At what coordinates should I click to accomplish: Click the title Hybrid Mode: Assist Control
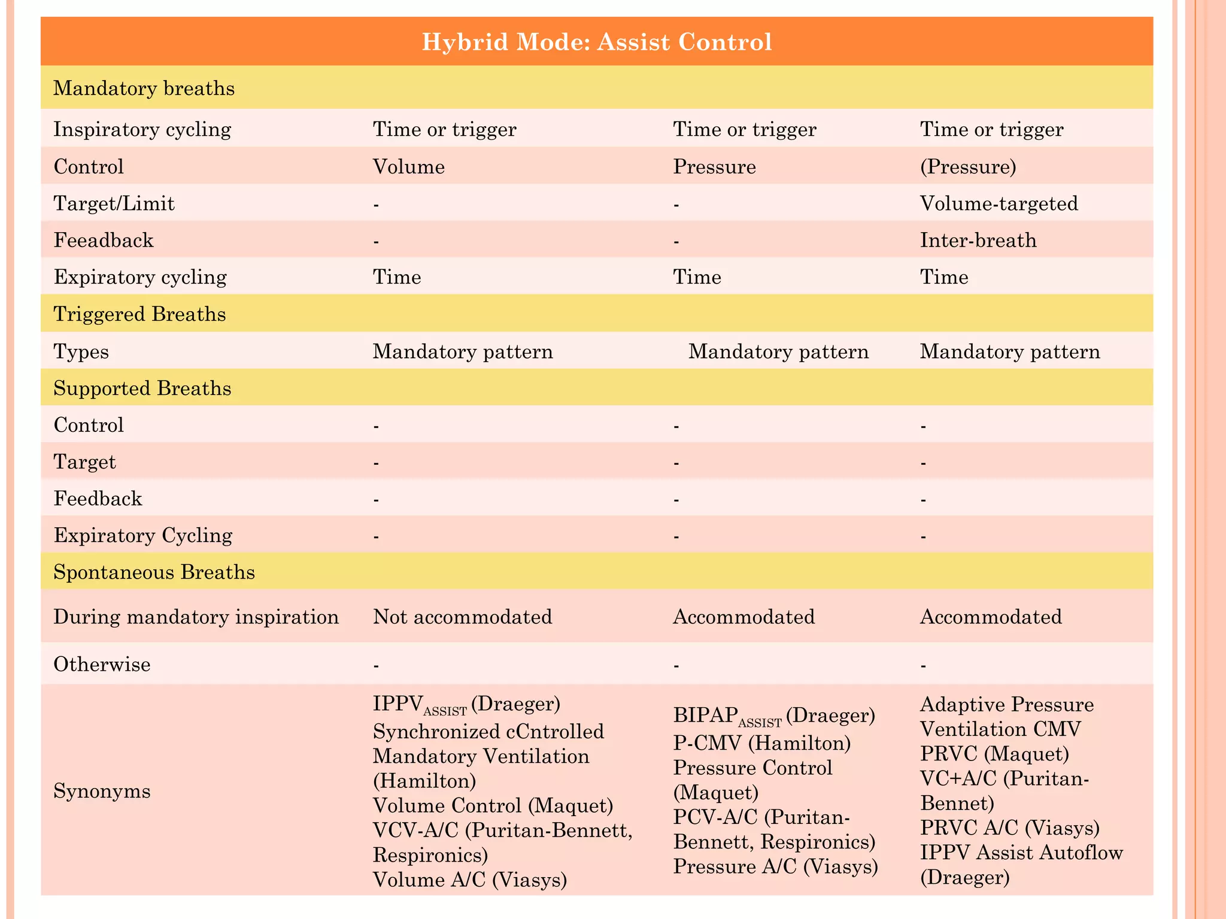coord(597,42)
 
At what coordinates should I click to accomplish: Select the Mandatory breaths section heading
coord(144,89)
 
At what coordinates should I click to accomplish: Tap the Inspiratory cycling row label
coord(142,129)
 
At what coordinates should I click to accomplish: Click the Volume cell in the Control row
coord(409,166)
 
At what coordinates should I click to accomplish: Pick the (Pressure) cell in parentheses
coord(968,166)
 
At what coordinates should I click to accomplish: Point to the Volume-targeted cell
coord(999,203)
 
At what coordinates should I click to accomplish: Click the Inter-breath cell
coord(978,241)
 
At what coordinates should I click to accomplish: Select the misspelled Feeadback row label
coord(104,241)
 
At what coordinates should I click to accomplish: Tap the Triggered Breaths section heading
coord(139,314)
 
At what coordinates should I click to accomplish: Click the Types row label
coord(81,351)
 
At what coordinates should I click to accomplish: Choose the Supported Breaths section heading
coord(142,388)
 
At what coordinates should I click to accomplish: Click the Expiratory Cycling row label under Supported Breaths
coord(143,535)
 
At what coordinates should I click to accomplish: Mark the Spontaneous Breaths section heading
coord(154,573)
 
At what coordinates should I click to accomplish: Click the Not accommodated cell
coord(462,616)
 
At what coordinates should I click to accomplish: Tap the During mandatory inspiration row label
coord(196,616)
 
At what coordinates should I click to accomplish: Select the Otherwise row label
coord(102,664)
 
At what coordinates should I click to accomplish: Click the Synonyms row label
coord(102,792)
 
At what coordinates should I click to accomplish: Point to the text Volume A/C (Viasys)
coord(470,880)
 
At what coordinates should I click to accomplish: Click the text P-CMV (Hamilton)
coord(762,743)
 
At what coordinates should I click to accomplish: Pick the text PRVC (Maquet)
coord(994,753)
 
